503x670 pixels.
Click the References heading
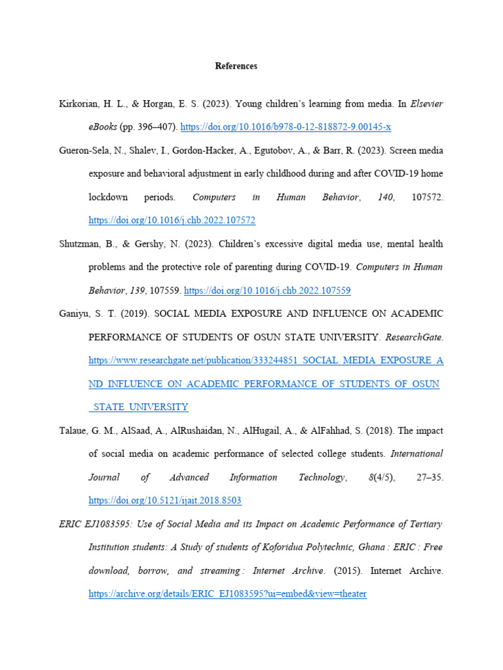click(x=236, y=66)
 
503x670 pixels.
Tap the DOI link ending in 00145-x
click(x=286, y=126)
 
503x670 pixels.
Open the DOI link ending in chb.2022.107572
click(x=172, y=220)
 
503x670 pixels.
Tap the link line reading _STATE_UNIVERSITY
click(x=138, y=407)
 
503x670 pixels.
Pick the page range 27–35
click(x=430, y=477)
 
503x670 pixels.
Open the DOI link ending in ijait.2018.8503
click(x=165, y=501)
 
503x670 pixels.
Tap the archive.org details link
click(x=227, y=594)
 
